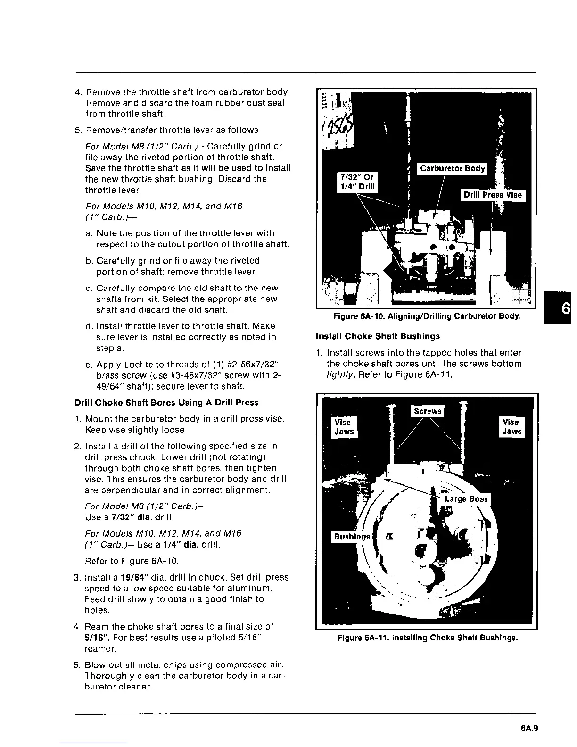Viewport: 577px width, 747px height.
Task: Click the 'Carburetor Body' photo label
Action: point(452,168)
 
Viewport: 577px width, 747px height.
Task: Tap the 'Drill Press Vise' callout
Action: point(493,195)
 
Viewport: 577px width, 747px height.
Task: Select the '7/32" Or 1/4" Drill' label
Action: point(357,182)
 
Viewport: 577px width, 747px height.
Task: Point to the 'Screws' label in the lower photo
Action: point(427,411)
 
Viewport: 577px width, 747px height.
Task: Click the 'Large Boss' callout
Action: point(466,499)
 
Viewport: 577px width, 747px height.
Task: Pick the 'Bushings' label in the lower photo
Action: point(352,537)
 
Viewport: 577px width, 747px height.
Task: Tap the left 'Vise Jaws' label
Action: point(344,427)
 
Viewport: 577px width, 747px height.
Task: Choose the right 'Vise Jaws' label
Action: point(511,427)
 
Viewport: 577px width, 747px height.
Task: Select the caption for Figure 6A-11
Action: point(427,638)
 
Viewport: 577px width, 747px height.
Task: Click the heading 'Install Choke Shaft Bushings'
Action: point(378,336)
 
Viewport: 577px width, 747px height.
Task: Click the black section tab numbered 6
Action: point(564,307)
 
